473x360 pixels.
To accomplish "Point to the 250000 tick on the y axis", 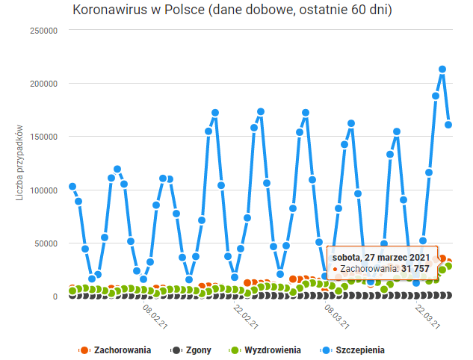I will [43, 31].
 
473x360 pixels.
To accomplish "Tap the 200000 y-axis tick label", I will [43, 84].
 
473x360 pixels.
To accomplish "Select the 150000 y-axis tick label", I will [43, 137].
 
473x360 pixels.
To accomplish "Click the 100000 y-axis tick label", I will [43, 190].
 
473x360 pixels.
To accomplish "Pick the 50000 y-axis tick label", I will [45, 243].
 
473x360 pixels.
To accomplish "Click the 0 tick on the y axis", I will [55, 297].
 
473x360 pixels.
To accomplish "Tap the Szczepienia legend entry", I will [355, 350].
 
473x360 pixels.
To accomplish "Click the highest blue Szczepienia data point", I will [442, 69].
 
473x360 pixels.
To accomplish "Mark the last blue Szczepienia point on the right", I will [449, 125].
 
